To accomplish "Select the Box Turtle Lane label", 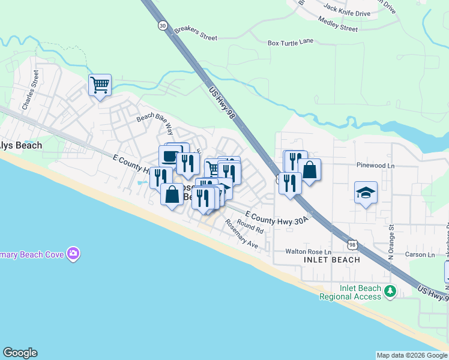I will (x=291, y=43).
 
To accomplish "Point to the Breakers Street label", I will (x=195, y=33).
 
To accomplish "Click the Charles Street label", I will (x=31, y=90).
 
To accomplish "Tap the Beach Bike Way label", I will (x=155, y=124).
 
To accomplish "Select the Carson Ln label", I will (x=419, y=255).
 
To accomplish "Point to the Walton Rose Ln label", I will (x=308, y=252).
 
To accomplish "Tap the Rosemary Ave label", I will (x=241, y=234).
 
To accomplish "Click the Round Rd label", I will (x=250, y=226).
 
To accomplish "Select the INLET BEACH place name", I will (x=332, y=260).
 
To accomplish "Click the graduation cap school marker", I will (x=366, y=193).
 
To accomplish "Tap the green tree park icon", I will (x=390, y=291).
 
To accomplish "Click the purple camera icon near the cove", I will (x=73, y=254).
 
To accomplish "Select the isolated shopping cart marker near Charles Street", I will (x=100, y=85).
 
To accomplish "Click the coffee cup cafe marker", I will (x=170, y=157).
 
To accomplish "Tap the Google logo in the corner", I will (x=20, y=353).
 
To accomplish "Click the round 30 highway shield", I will (x=163, y=25).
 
